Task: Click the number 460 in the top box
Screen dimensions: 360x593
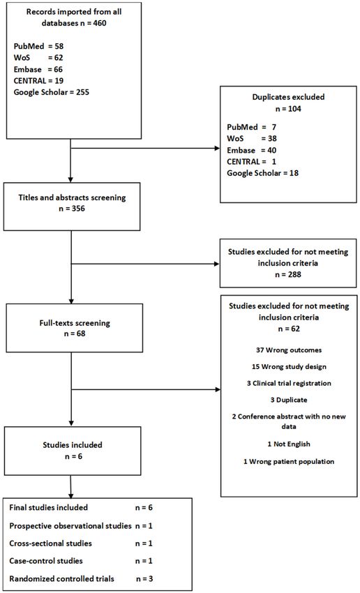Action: [x=100, y=23]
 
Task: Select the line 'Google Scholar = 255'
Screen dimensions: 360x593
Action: [x=52, y=92]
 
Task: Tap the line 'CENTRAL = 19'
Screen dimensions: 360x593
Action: [x=38, y=80]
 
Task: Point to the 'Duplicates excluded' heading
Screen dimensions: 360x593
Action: [x=288, y=97]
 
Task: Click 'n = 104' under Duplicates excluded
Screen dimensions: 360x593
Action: [x=288, y=109]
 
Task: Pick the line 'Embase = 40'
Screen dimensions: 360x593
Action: [x=251, y=150]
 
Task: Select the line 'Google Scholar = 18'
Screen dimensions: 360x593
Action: [x=263, y=173]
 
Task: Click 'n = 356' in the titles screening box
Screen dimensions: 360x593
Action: [x=72, y=209]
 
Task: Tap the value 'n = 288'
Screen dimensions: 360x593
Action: [x=288, y=274]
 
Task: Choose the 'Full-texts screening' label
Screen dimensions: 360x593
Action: [x=75, y=323]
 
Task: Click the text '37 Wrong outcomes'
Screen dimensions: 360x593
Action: [x=289, y=350]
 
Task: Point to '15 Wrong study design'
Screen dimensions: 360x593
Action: [x=289, y=367]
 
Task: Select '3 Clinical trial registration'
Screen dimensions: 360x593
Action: [x=289, y=384]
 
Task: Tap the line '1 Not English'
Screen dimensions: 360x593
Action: [x=289, y=444]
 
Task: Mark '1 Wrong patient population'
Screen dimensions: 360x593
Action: [x=289, y=462]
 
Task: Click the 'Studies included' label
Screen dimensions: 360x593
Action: [x=73, y=445]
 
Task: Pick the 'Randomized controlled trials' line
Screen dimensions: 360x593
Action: [x=61, y=578]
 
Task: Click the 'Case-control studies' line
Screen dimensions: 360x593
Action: [x=46, y=561]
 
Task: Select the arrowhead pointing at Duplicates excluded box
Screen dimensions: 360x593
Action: [x=217, y=148]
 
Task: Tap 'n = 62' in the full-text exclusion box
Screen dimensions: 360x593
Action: [x=289, y=329]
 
